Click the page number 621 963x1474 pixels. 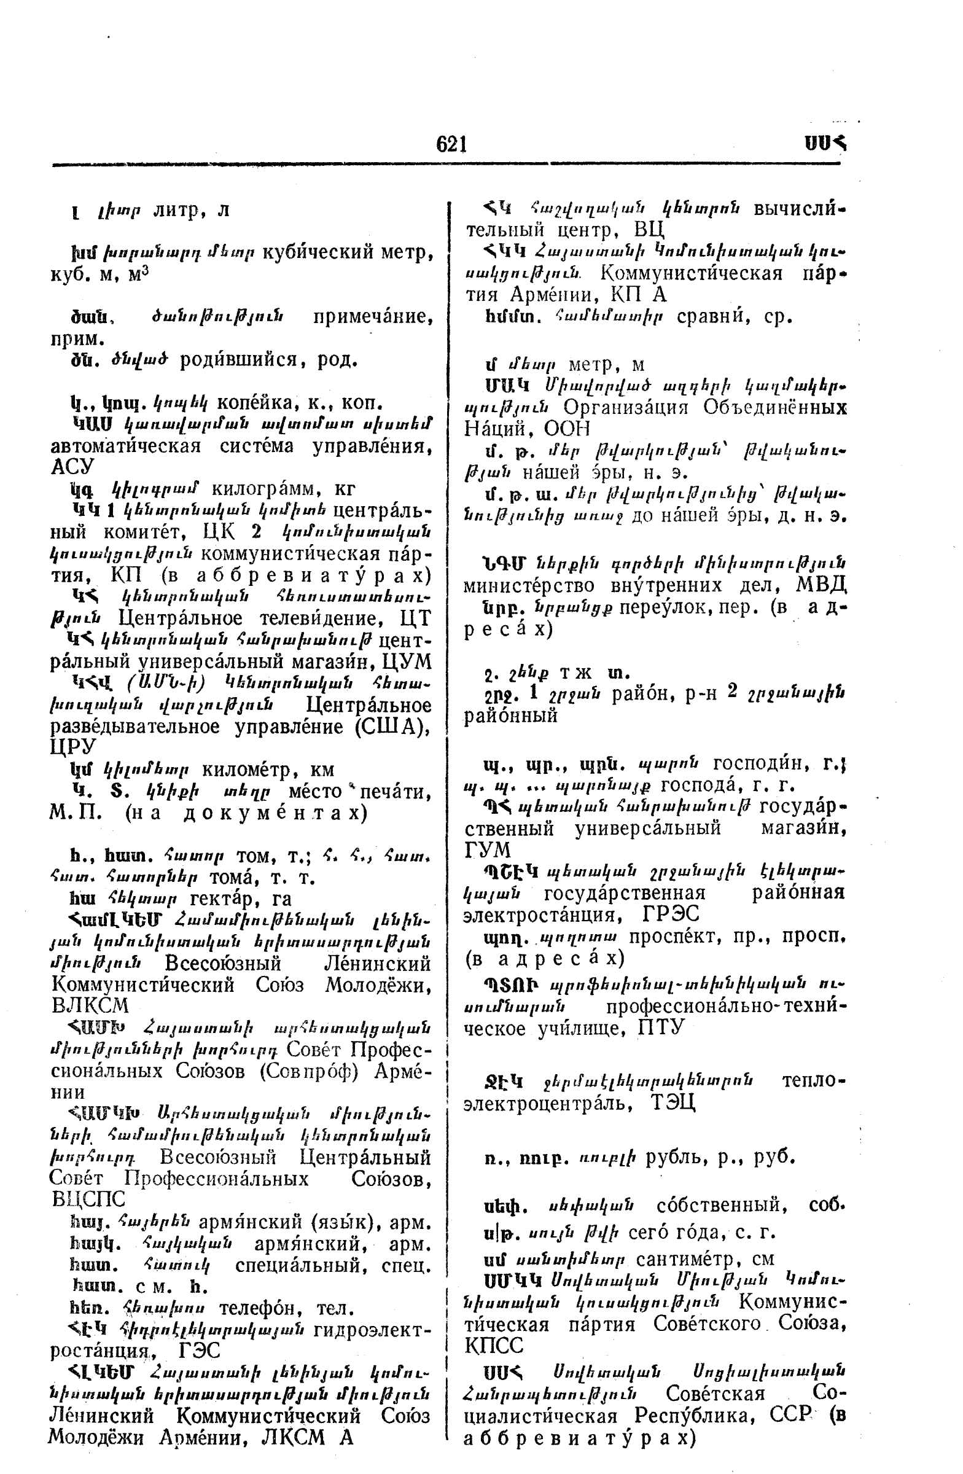pyautogui.click(x=451, y=144)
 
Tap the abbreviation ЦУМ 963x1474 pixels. pyautogui.click(x=407, y=661)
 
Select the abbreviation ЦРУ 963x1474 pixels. pyautogui.click(x=72, y=746)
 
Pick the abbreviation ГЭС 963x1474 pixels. pyautogui.click(x=199, y=1350)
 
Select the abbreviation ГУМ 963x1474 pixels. pyautogui.click(x=488, y=849)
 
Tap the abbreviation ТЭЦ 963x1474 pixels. pyautogui.click(x=673, y=1102)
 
